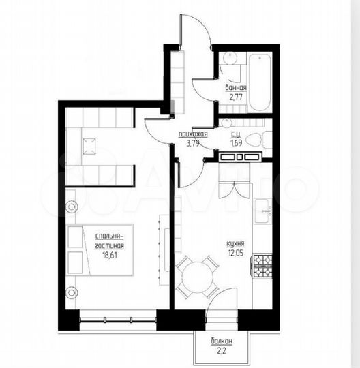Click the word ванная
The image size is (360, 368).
235,89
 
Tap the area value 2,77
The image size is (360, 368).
235,97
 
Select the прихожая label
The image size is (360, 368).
194,134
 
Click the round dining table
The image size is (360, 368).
196,273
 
